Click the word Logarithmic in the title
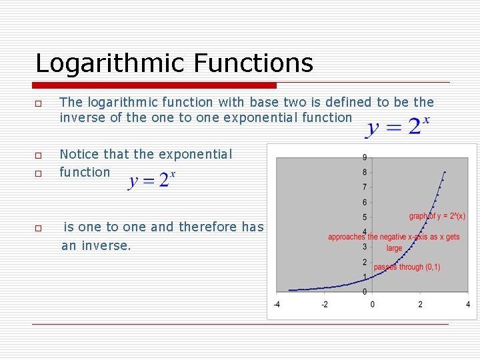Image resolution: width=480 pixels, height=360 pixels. click(x=110, y=64)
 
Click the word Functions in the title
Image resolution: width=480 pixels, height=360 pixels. click(x=253, y=63)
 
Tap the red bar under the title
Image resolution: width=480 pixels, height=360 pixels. click(x=155, y=85)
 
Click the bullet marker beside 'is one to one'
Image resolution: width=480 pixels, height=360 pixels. click(x=39, y=228)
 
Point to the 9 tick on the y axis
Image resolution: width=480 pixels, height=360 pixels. click(x=364, y=157)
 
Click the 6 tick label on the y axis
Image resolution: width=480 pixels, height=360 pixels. click(x=364, y=202)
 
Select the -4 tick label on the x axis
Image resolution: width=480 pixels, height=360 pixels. click(x=277, y=304)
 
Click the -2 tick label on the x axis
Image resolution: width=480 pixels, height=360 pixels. click(x=324, y=304)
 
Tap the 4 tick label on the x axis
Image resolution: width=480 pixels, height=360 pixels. click(x=468, y=304)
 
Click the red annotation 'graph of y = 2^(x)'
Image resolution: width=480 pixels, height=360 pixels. click(x=437, y=216)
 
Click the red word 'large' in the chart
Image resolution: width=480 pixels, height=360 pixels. click(x=394, y=248)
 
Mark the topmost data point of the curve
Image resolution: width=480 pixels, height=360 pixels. click(x=445, y=172)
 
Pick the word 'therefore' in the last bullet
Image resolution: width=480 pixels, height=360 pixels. click(x=209, y=227)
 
